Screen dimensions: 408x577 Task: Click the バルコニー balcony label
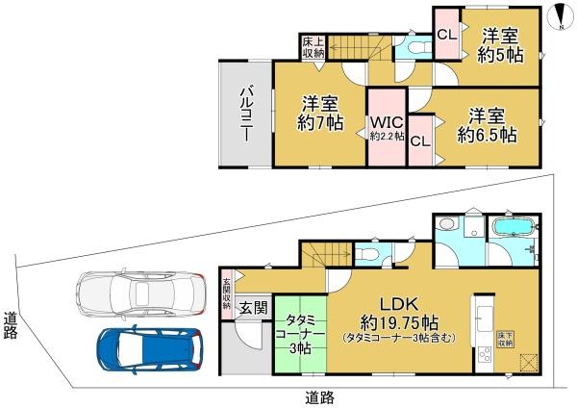pos(246,113)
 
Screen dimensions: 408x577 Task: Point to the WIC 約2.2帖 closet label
pos(387,128)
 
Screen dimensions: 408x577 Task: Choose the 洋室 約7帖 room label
pos(319,113)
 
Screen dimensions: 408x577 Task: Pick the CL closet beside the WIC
pos(419,140)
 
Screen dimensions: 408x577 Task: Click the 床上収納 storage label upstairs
pos(314,47)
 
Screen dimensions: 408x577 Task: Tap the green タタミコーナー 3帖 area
pos(298,332)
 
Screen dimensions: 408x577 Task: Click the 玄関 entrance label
pos(253,308)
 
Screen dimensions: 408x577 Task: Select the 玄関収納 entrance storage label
pos(227,293)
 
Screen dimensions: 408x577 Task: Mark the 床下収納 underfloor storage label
pos(504,339)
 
